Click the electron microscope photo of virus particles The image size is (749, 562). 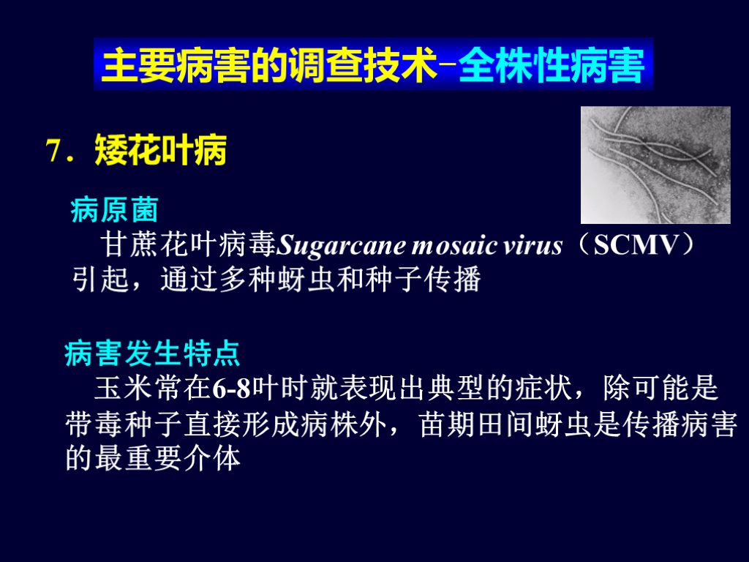(655, 165)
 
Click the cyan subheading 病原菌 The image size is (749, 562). (114, 211)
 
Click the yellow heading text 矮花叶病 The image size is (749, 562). (161, 152)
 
